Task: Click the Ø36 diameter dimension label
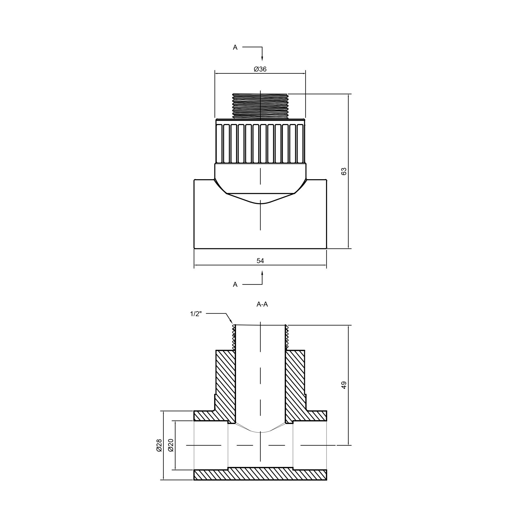260,69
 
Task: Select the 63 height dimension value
344,171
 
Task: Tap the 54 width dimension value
260,261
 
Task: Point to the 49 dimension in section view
344,385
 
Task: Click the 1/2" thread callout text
196,314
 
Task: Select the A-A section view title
262,304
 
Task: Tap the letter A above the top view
235,48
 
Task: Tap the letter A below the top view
235,284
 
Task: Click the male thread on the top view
260,106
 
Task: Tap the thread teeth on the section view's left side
234,338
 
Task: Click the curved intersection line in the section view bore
260,439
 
